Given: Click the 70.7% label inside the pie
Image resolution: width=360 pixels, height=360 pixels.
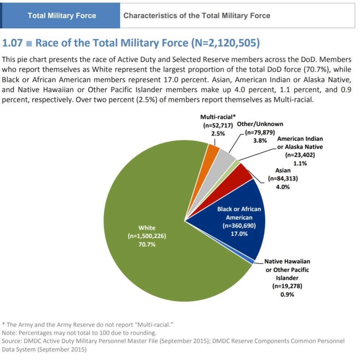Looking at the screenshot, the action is [x=147, y=244].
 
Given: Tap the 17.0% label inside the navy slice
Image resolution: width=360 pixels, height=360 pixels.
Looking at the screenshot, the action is [x=239, y=234].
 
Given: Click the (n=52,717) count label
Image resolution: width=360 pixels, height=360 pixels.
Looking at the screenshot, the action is [x=218, y=126].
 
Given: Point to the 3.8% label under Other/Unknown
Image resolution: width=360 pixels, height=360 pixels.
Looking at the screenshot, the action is [x=260, y=141].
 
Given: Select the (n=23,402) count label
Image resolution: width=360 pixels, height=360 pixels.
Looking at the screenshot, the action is [x=300, y=155].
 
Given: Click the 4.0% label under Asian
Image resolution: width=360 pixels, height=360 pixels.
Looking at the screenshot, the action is [x=283, y=187].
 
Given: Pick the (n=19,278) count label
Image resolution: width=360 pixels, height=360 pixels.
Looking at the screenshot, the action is [x=287, y=286].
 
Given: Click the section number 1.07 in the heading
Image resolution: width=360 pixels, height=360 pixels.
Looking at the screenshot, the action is [x=13, y=43].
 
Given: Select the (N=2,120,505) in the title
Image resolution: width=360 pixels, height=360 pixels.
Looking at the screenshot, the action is [x=226, y=43].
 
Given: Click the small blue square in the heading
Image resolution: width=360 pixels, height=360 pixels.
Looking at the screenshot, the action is [x=29, y=43].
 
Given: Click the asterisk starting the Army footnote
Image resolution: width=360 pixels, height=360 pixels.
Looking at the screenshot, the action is [x=3, y=324].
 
